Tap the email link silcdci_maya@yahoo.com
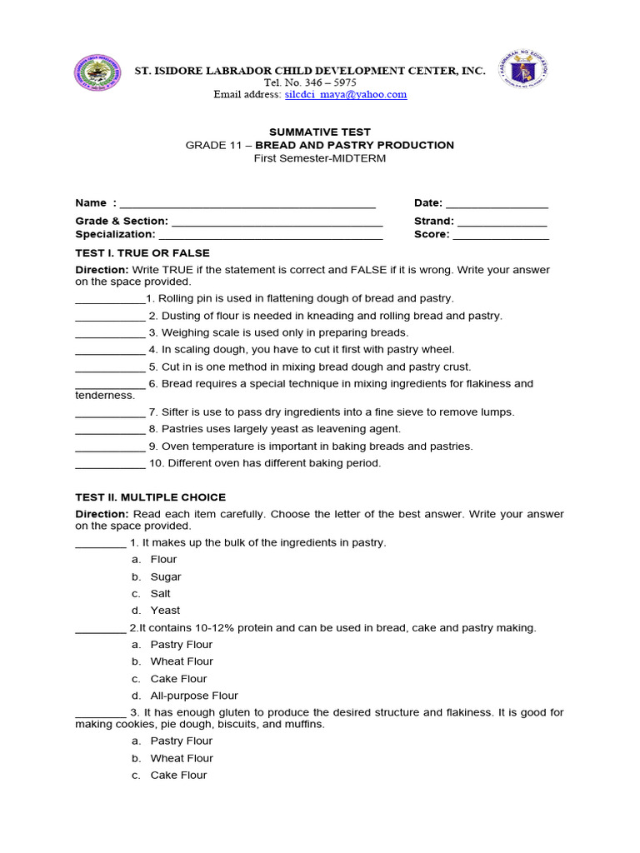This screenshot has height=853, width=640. click(346, 95)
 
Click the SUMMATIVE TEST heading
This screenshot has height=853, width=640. click(319, 132)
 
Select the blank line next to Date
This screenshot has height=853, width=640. click(497, 205)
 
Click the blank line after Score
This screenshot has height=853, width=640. click(501, 236)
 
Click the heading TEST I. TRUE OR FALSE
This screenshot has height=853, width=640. click(142, 253)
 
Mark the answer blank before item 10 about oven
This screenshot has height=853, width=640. click(110, 465)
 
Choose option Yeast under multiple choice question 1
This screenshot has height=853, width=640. click(165, 611)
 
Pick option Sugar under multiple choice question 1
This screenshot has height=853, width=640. click(166, 576)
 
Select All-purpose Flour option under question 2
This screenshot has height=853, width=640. click(194, 696)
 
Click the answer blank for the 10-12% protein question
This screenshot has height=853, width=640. click(101, 630)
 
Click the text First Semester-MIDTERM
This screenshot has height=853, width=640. click(320, 158)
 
